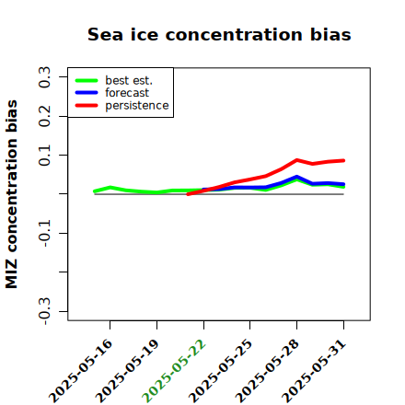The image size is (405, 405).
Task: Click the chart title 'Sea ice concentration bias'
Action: pos(219,34)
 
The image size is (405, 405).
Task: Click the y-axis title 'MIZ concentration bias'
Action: pos(11,194)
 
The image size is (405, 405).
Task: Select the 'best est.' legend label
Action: pos(129,80)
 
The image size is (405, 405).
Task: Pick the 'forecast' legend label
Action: pos(127,93)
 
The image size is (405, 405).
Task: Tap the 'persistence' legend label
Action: pos(137,106)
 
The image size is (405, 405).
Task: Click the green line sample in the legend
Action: pos(87,80)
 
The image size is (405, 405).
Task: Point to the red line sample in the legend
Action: pos(87,106)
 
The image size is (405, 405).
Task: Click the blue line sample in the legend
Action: pos(87,93)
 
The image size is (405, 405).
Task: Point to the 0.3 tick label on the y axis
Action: pos(44,77)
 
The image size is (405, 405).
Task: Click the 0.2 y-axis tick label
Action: pos(44,116)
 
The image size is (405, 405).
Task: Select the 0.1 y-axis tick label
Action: pos(44,156)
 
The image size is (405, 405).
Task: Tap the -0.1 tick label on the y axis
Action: pos(44,234)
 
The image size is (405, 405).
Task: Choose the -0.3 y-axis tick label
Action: pos(44,311)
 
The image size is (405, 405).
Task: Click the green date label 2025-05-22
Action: pos(174,371)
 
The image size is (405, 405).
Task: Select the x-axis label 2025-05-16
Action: pos(81,371)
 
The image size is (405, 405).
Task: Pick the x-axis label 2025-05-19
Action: pos(127,371)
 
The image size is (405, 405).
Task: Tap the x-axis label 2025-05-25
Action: pos(221,371)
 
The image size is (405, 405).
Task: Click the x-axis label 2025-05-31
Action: pos(314,371)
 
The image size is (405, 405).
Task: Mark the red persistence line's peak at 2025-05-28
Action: pos(296,160)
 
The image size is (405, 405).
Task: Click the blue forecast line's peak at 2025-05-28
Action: pos(296,177)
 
